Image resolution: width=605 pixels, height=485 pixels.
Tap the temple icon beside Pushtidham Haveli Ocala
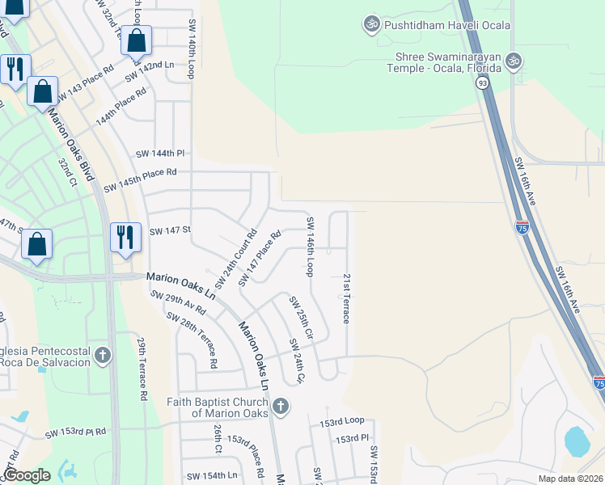[372, 24]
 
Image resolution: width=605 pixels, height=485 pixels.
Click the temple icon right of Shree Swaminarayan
[514, 61]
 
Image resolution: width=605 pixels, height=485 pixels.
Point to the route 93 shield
[483, 83]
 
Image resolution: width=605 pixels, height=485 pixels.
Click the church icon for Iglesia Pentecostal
[103, 355]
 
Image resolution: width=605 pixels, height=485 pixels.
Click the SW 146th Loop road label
[310, 247]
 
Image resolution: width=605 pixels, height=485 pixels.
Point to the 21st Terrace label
[345, 298]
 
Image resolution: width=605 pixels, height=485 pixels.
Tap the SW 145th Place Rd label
[140, 179]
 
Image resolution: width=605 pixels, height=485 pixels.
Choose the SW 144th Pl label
[160, 153]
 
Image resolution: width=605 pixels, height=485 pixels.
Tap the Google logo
[27, 475]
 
